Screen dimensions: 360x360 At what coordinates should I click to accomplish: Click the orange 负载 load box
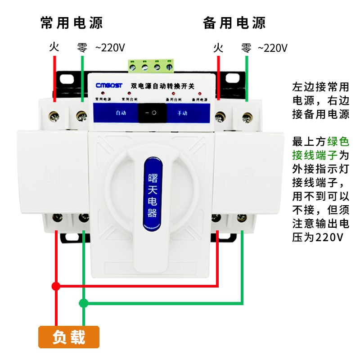point(69,337)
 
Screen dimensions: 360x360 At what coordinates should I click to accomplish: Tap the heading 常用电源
point(72,22)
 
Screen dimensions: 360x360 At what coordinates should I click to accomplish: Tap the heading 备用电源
point(234,22)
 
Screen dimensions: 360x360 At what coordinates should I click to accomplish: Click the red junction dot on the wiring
point(56,286)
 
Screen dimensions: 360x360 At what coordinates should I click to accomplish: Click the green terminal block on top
point(151,67)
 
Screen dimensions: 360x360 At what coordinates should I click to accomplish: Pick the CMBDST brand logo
point(109,85)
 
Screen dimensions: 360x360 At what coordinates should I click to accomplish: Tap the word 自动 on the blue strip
point(121,113)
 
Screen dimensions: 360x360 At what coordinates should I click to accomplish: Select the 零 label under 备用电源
point(246,47)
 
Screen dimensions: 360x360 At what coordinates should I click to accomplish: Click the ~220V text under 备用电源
point(272,47)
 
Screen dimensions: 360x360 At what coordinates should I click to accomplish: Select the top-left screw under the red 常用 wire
point(55,117)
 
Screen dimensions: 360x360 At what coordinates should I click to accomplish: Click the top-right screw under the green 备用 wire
point(247,118)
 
